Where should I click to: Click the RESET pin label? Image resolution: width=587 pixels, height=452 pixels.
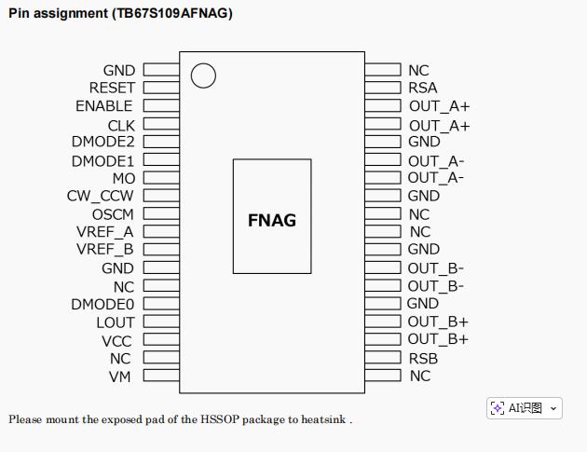(x=112, y=89)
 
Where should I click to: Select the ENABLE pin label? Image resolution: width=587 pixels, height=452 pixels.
(x=103, y=106)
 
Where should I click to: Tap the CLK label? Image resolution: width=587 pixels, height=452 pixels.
(x=121, y=125)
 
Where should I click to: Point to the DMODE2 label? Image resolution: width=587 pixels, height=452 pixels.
(x=102, y=143)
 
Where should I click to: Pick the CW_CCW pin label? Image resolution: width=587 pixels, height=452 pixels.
(x=100, y=197)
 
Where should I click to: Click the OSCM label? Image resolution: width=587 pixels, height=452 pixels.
(x=113, y=214)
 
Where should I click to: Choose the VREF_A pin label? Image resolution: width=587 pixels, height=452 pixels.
(x=104, y=232)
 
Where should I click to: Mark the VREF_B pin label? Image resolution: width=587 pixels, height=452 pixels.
(x=104, y=250)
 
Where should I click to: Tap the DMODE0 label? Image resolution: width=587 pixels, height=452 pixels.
(x=102, y=305)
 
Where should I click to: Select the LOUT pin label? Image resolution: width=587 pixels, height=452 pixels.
(x=116, y=323)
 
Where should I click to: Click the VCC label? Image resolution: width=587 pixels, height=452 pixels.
(x=117, y=341)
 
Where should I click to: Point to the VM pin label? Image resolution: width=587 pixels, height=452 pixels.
(x=120, y=377)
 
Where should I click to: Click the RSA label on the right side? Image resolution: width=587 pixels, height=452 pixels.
(x=422, y=89)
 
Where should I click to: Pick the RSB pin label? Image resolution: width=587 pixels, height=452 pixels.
(x=422, y=359)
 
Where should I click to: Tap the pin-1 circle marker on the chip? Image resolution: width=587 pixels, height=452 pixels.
(x=203, y=75)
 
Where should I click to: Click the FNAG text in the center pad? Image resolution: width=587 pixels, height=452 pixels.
(x=272, y=221)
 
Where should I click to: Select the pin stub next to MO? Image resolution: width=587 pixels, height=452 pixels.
(x=160, y=178)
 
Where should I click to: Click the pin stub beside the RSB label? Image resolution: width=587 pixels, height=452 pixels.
(x=382, y=358)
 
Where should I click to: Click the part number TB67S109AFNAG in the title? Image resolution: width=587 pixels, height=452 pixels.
(x=172, y=13)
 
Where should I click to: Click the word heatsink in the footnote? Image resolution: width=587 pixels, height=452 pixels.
(x=323, y=419)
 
